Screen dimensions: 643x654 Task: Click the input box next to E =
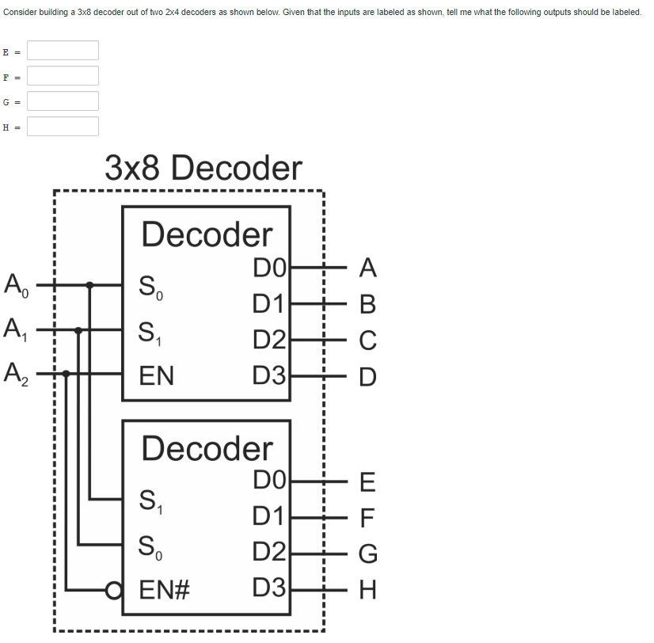(x=63, y=51)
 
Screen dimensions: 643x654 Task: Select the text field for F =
(x=63, y=76)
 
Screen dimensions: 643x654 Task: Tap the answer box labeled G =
(x=63, y=101)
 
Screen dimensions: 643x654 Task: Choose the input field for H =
(x=63, y=127)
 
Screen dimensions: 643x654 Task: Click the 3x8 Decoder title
(x=203, y=168)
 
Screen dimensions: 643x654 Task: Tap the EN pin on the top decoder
(x=157, y=375)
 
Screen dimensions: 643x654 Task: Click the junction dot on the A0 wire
(x=90, y=284)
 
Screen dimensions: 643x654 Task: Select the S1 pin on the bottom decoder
(x=151, y=501)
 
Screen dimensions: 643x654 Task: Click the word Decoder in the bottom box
(x=207, y=448)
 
